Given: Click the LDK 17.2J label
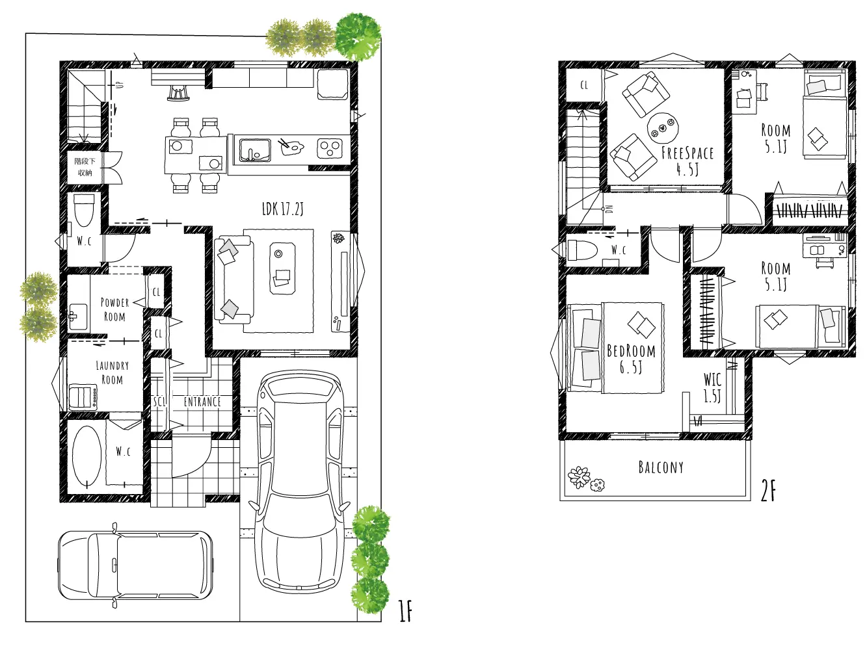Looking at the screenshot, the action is [x=282, y=209].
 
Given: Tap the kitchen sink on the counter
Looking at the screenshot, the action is [x=255, y=150].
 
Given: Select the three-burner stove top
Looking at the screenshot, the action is [x=330, y=149].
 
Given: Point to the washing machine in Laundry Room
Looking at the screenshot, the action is [x=83, y=397].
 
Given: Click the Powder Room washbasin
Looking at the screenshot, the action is [x=78, y=317].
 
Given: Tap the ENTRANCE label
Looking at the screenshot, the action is [x=202, y=402].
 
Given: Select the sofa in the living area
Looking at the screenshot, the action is [x=233, y=280].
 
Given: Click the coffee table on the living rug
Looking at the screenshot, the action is [x=282, y=268].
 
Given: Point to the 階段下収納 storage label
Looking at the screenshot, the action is [x=85, y=166].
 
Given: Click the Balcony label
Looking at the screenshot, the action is [x=661, y=467].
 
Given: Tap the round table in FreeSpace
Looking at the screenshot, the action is [x=663, y=128].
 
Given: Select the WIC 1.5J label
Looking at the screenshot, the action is [x=713, y=387].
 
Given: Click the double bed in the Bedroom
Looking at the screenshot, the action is [x=616, y=348].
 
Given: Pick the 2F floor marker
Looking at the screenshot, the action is [x=768, y=492].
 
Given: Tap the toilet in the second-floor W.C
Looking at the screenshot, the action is [x=582, y=250].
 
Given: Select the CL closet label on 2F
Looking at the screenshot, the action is [x=584, y=85].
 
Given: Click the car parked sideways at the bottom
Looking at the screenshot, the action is [x=135, y=564].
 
